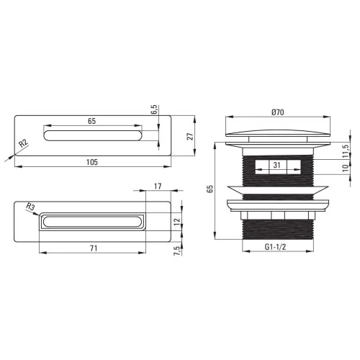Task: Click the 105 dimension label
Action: [x=92, y=162]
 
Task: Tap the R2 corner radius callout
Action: [x=24, y=143]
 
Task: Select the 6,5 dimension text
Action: [x=155, y=109]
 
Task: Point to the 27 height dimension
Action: [x=190, y=136]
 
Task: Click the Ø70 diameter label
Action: [x=278, y=112]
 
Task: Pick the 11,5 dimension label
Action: [x=346, y=151]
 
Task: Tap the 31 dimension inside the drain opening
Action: [x=276, y=165]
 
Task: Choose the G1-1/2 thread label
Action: [x=275, y=246]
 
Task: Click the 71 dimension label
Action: [x=94, y=248]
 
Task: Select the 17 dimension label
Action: [x=158, y=186]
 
